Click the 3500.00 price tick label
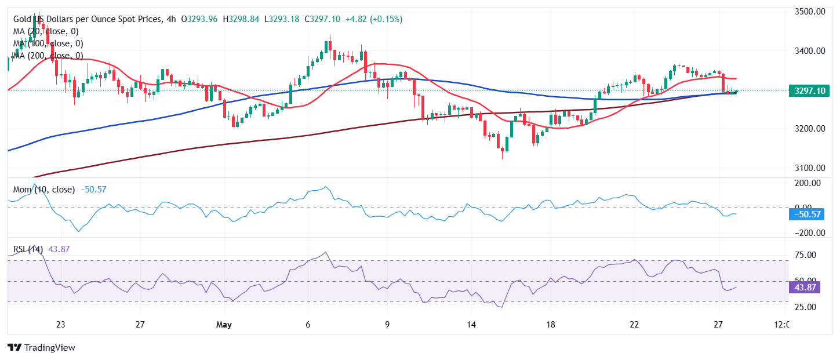(809, 11)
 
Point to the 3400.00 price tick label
(809, 51)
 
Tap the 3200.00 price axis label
(809, 128)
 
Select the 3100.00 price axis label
(809, 168)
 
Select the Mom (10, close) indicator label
(44, 190)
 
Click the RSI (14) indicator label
(28, 249)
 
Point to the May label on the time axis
(224, 325)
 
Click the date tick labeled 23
(61, 325)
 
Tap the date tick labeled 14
(472, 325)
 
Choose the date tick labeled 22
(634, 325)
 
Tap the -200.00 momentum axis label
(807, 233)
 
